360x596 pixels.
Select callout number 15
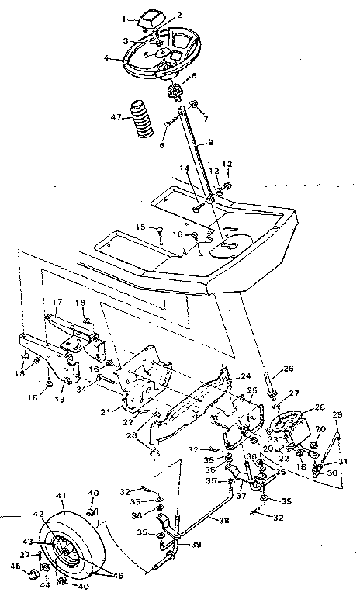pos(140,227)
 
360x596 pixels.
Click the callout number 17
pos(57,301)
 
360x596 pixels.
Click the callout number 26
pos(289,368)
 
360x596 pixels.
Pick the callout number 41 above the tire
pos(61,494)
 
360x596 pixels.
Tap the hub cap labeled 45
pos(32,576)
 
